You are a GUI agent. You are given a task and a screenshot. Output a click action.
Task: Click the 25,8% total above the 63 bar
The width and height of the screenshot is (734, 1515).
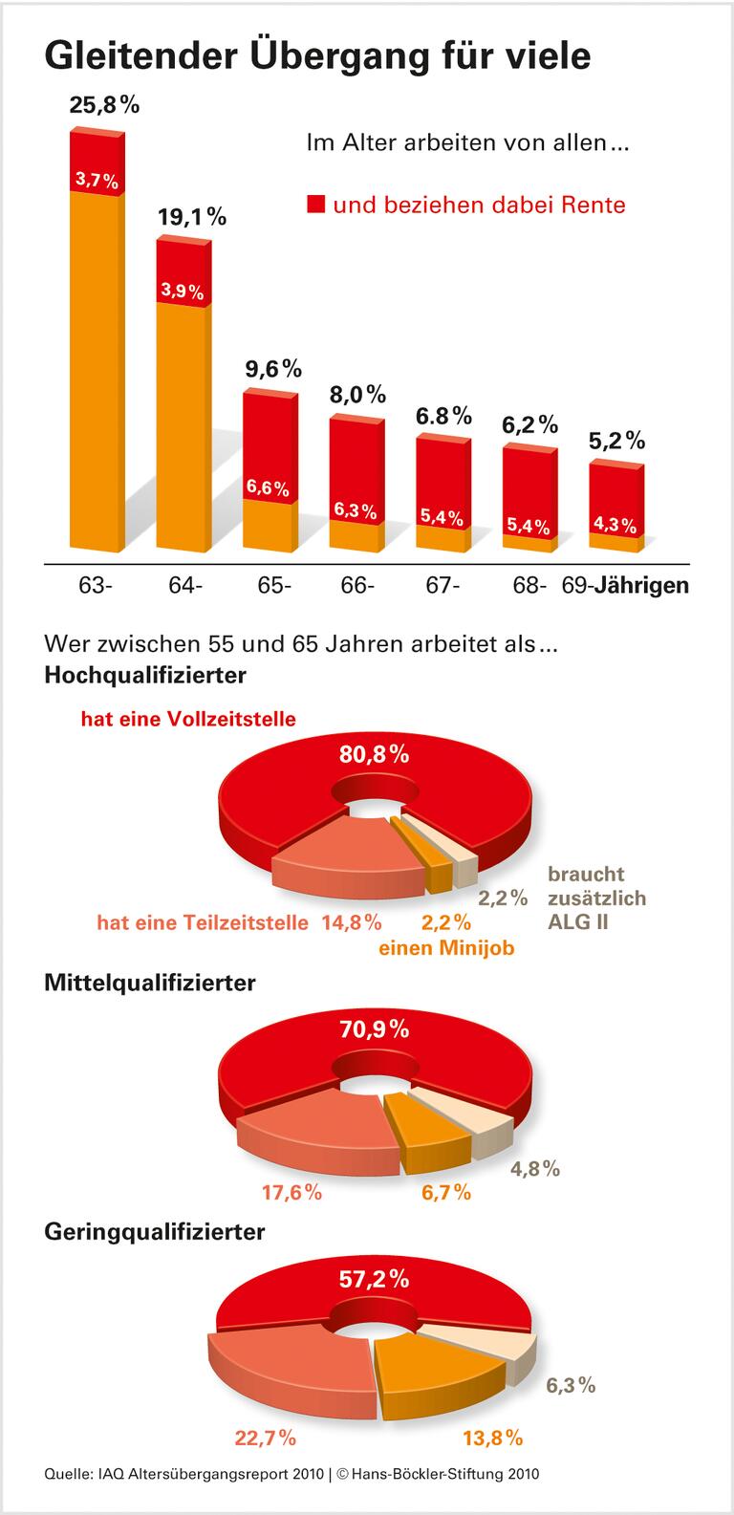pyautogui.click(x=104, y=105)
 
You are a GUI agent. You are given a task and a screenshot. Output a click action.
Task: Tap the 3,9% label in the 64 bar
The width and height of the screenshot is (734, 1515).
pyautogui.click(x=182, y=291)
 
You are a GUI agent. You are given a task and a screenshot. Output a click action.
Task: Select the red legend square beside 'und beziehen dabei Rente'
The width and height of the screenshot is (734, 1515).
pyautogui.click(x=316, y=205)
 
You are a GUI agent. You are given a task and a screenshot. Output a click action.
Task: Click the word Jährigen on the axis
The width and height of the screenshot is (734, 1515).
pyautogui.click(x=641, y=585)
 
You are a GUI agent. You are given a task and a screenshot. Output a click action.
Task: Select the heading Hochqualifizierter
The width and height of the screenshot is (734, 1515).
pyautogui.click(x=145, y=676)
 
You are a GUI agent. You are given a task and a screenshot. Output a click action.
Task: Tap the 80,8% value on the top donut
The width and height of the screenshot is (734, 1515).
pyautogui.click(x=375, y=754)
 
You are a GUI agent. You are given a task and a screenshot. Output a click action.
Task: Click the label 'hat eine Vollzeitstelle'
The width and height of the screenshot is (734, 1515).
pyautogui.click(x=188, y=719)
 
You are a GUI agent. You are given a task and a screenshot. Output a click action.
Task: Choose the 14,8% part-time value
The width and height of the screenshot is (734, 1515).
pyautogui.click(x=352, y=922)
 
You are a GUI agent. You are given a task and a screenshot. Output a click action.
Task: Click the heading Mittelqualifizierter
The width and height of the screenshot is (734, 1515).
pyautogui.click(x=150, y=982)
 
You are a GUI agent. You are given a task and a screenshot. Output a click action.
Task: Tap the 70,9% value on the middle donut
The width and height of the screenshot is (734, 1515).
pyautogui.click(x=375, y=1029)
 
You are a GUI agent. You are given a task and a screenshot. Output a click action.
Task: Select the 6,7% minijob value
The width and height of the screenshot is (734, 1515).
pyautogui.click(x=446, y=1192)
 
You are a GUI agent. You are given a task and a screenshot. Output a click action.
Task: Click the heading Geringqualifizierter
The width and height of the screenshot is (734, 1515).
pyautogui.click(x=154, y=1232)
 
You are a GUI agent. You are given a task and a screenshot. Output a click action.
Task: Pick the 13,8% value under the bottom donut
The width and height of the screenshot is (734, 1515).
pyautogui.click(x=492, y=1437)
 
